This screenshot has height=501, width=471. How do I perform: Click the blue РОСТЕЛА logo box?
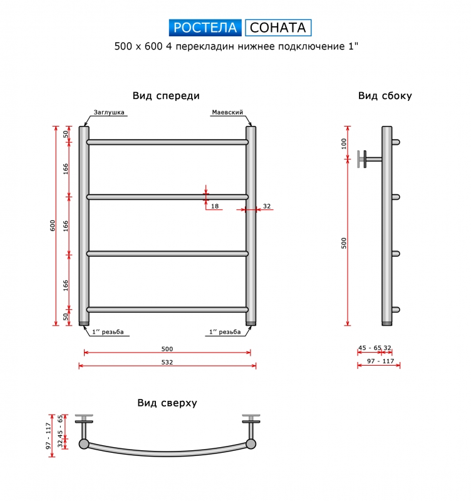click(x=205, y=28)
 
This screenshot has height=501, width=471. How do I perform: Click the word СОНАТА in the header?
click(x=277, y=28)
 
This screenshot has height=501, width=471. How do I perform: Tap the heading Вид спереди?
click(x=166, y=96)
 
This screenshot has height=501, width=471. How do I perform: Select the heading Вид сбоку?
click(x=385, y=96)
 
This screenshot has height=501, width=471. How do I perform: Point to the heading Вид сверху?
click(x=167, y=403)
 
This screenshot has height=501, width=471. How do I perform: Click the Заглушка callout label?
click(x=108, y=112)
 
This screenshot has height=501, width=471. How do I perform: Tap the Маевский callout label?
click(x=227, y=112)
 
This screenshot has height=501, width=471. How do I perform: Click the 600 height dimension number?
click(x=53, y=225)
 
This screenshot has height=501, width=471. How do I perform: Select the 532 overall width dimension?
click(x=167, y=362)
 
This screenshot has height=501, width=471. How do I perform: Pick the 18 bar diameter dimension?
click(x=215, y=206)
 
